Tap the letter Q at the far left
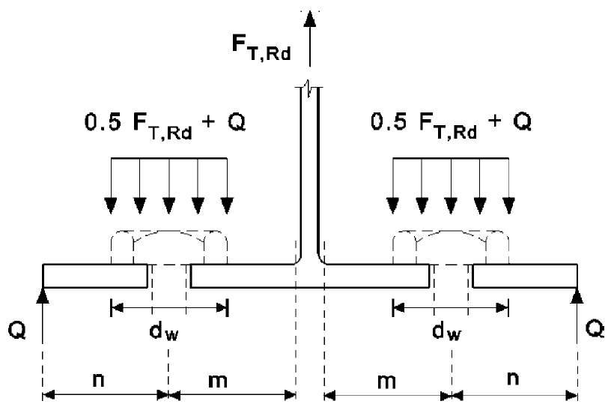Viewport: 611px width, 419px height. coord(16,330)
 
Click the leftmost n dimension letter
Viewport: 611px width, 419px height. coord(99,379)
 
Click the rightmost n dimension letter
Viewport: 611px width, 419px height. coord(512,379)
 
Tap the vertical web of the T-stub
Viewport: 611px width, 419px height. coord(309,172)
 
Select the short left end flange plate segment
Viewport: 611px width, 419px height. coord(94,276)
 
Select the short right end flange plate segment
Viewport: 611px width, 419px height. coord(525,276)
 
